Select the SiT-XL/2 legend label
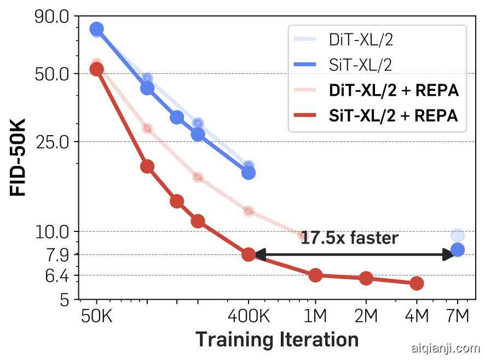pos(361,65)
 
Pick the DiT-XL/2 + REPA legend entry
pos(393,90)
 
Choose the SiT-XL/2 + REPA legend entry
pos(393,115)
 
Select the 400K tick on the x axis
pos(249,317)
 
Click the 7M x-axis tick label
pos(458,317)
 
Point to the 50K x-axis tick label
pos(97,317)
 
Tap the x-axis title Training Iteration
pos(277,339)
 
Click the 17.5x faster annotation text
pos(349,238)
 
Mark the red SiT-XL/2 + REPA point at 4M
pos(417,283)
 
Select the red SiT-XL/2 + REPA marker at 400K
pos(249,254)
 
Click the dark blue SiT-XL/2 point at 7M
pos(458,250)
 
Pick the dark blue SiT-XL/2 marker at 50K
pos(97,29)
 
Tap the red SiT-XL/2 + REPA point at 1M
pos(315,275)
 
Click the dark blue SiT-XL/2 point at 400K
pos(249,172)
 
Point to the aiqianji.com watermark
pos(444,348)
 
